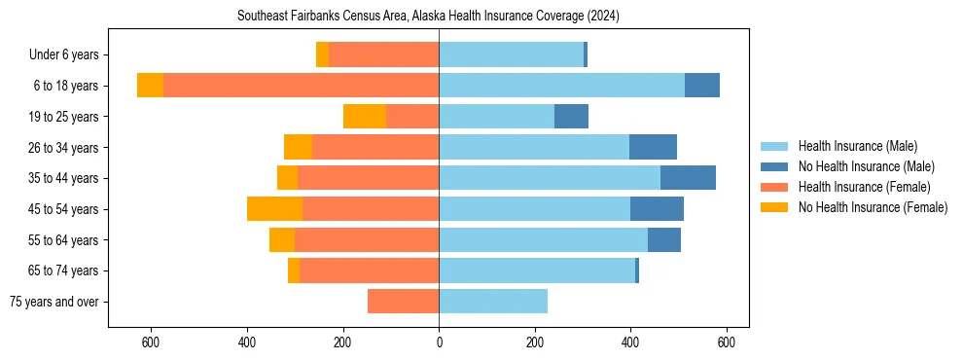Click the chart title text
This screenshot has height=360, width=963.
[x=428, y=17]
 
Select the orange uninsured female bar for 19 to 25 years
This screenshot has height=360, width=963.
[x=365, y=117]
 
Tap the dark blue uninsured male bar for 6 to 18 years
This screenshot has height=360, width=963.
[x=702, y=86]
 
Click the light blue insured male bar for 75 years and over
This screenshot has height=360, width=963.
[x=493, y=302]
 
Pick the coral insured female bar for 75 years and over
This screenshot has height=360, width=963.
[x=403, y=302]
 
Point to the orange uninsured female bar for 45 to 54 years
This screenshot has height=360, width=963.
[x=274, y=209]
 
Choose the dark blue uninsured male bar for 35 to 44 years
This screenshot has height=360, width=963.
[x=688, y=178]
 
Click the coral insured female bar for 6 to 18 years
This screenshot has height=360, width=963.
[x=301, y=86]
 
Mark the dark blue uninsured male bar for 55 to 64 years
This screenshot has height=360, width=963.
[x=664, y=240]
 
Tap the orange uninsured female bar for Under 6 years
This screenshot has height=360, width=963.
[x=322, y=55]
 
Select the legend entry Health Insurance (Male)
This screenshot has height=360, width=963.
[x=857, y=146]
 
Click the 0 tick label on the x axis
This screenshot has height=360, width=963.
[x=439, y=342]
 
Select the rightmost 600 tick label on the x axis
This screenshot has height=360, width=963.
[x=726, y=342]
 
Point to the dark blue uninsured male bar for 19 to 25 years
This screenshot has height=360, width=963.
[x=571, y=117]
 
